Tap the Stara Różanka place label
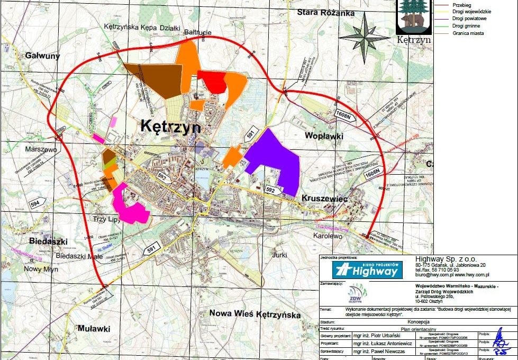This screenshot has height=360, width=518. [x=325, y=12]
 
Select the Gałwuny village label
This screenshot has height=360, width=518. [x=42, y=55]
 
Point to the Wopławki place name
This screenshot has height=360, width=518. [x=324, y=136]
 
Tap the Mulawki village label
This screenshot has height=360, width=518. [x=94, y=328]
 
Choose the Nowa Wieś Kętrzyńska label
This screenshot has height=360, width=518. [x=255, y=314]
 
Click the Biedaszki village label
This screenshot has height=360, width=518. [x=49, y=241]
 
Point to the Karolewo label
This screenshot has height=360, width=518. [x=328, y=236]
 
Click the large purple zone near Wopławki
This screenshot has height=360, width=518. [x=275, y=159]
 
